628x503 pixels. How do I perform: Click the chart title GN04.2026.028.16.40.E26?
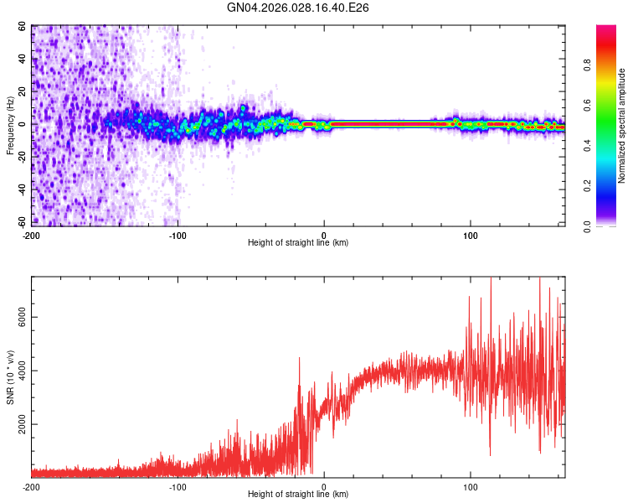tap(298, 8)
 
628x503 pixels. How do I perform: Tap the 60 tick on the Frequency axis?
tap(23, 27)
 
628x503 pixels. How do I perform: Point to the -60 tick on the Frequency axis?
tap(22, 221)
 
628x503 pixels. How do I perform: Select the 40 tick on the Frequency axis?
tap(23, 60)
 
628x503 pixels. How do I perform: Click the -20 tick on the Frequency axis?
tap(22, 157)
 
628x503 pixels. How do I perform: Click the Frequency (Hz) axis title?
tap(10, 126)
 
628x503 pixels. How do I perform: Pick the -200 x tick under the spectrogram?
tap(32, 235)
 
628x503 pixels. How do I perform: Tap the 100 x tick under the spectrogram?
tap(471, 235)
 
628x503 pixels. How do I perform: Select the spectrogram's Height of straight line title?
tap(298, 243)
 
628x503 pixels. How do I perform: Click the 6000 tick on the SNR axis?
tap(19, 317)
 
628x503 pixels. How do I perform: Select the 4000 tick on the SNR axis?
tap(19, 371)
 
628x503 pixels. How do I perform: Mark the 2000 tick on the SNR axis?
tap(19, 424)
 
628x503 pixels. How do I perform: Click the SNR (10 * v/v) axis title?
tap(10, 377)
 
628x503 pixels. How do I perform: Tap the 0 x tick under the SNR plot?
tap(324, 486)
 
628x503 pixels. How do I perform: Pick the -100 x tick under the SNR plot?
tap(178, 486)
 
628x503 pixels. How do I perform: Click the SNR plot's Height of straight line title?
tap(298, 495)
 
